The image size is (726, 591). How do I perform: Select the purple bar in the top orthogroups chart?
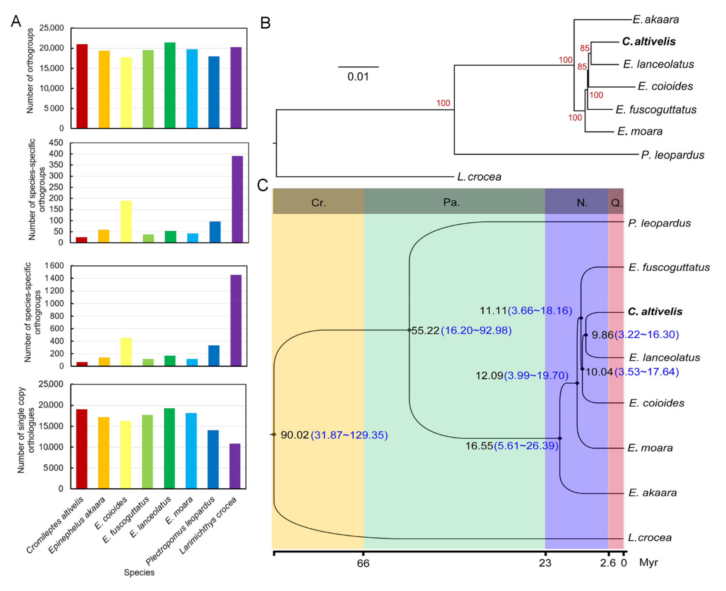point(236,88)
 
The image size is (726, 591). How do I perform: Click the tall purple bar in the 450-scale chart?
point(237,199)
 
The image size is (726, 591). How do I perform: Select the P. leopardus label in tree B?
point(672,155)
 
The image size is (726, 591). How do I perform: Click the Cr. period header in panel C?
point(318,203)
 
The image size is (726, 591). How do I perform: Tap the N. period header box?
point(582,203)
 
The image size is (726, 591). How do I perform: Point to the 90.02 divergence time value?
point(295,435)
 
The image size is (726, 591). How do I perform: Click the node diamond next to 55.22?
point(409,330)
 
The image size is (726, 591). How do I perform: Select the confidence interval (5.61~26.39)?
point(526,446)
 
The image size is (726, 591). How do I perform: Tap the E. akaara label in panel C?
point(652,493)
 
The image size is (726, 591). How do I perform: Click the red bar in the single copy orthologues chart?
point(82,449)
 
